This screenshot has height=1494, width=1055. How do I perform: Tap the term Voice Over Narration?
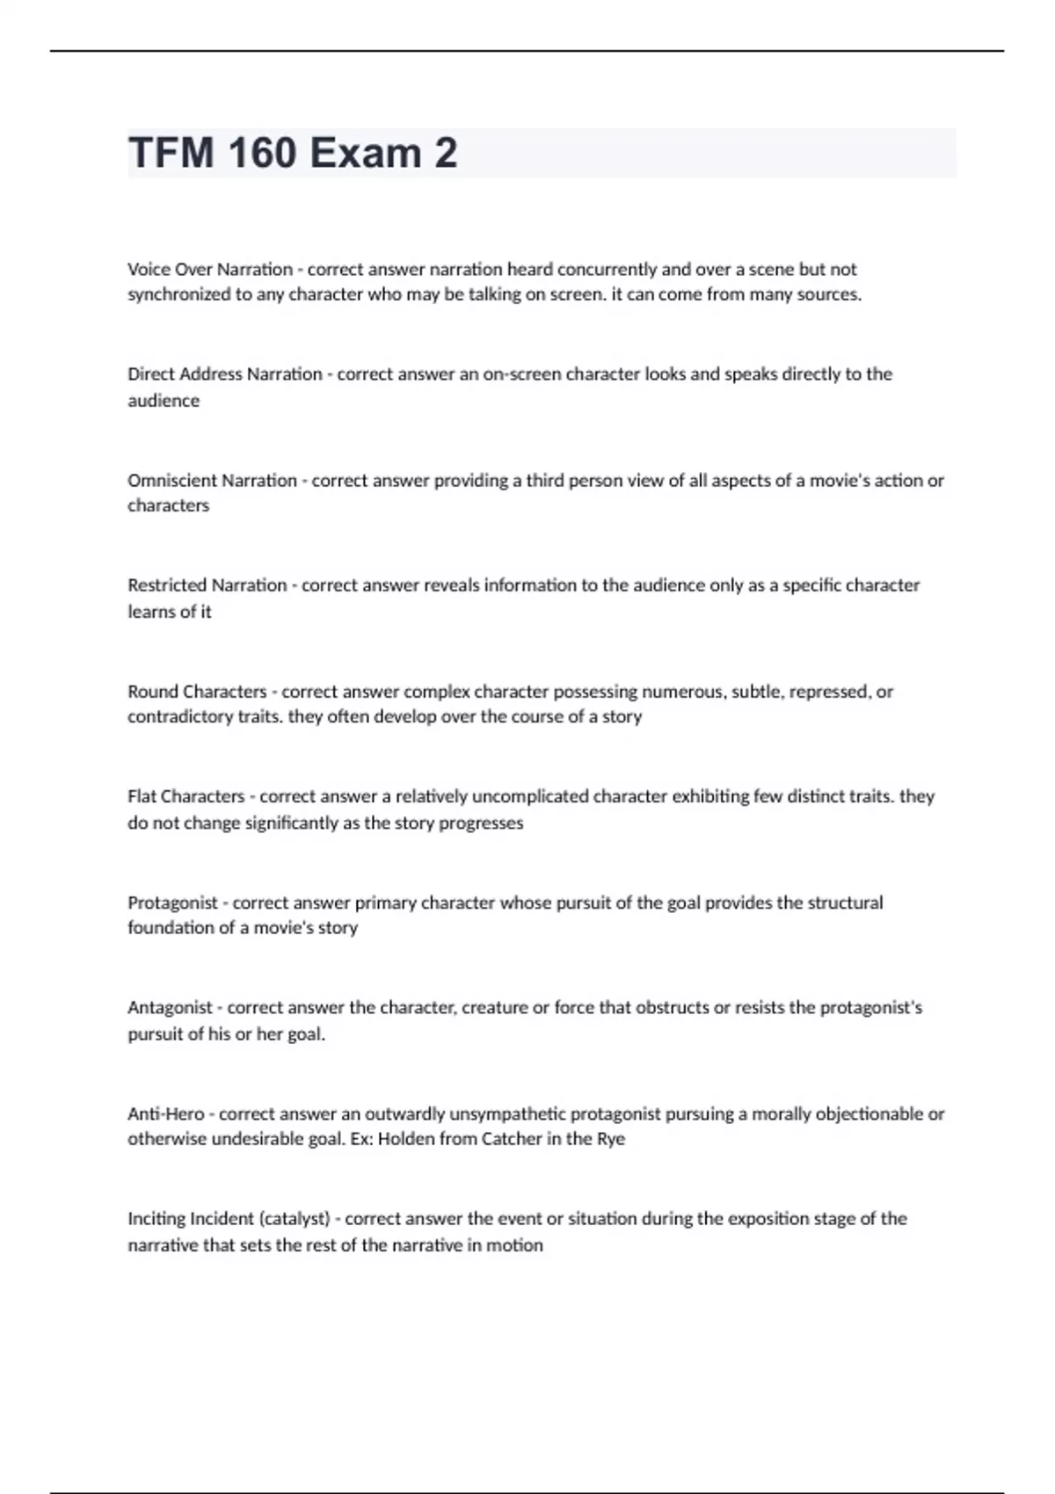click(x=210, y=269)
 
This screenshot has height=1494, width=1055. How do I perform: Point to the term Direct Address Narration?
click(x=224, y=374)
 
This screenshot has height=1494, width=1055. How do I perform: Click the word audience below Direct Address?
click(x=164, y=401)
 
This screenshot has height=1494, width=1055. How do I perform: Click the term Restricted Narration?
click(x=207, y=585)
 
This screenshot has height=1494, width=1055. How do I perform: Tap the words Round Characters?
click(x=197, y=692)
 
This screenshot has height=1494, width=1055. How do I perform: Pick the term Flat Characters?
click(x=186, y=797)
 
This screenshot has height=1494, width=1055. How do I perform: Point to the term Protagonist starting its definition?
click(x=172, y=903)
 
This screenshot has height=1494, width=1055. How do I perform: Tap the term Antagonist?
click(x=170, y=1008)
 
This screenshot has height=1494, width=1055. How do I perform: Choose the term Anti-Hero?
click(x=165, y=1113)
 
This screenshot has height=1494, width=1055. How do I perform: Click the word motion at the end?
click(x=518, y=1245)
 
